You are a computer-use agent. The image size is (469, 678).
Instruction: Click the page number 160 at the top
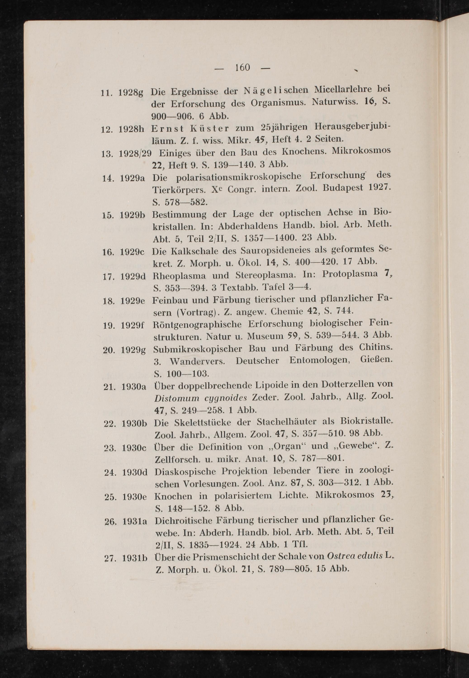point(242,68)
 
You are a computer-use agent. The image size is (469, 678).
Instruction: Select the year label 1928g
point(130,93)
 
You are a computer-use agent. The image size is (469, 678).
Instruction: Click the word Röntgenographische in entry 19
point(198,325)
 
